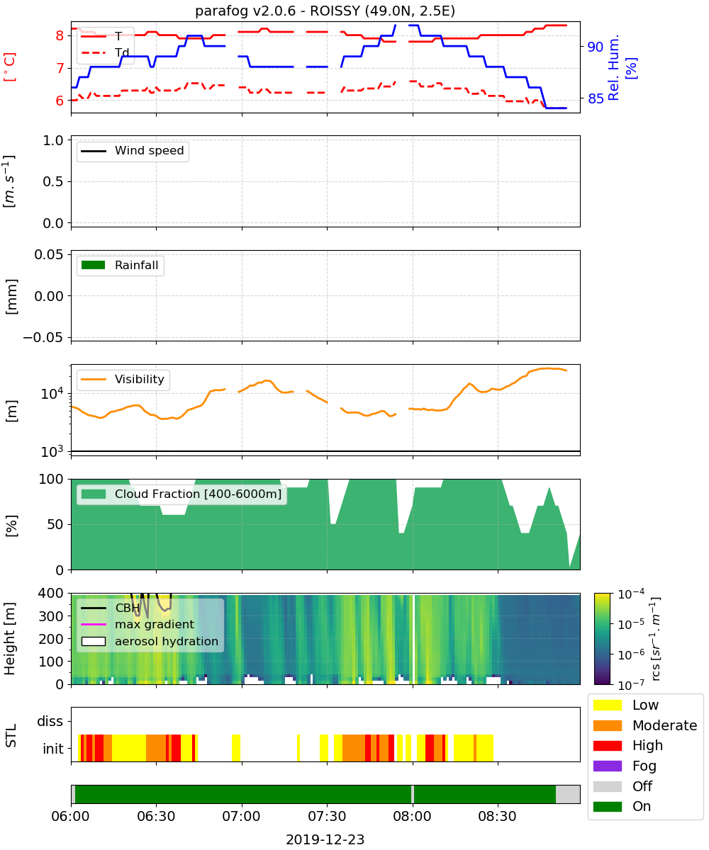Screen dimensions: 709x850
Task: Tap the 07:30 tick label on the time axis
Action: [327, 816]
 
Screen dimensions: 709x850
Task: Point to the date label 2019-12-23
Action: [325, 839]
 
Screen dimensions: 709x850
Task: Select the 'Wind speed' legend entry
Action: [133, 151]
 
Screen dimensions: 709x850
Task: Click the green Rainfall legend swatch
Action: [94, 265]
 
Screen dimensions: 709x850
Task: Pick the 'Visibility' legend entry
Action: [123, 379]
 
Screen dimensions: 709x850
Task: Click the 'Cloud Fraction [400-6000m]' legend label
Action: [198, 494]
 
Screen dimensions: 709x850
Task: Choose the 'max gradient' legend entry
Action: [138, 624]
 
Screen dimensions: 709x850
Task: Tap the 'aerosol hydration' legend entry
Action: [150, 641]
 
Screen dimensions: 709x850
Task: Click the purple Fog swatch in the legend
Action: [607, 766]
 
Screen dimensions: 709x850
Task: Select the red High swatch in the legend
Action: [607, 745]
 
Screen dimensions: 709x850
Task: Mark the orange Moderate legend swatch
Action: [607, 725]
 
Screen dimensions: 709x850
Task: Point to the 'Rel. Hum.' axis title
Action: [613, 67]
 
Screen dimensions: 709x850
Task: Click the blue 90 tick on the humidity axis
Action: [595, 47]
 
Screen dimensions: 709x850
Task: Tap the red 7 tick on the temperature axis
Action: [60, 68]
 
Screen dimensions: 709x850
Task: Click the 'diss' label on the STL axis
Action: [50, 721]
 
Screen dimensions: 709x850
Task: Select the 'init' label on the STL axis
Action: [53, 748]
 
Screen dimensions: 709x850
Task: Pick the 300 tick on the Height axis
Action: [51, 616]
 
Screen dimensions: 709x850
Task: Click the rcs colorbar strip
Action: [602, 639]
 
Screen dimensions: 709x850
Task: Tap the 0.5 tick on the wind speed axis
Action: [53, 181]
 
